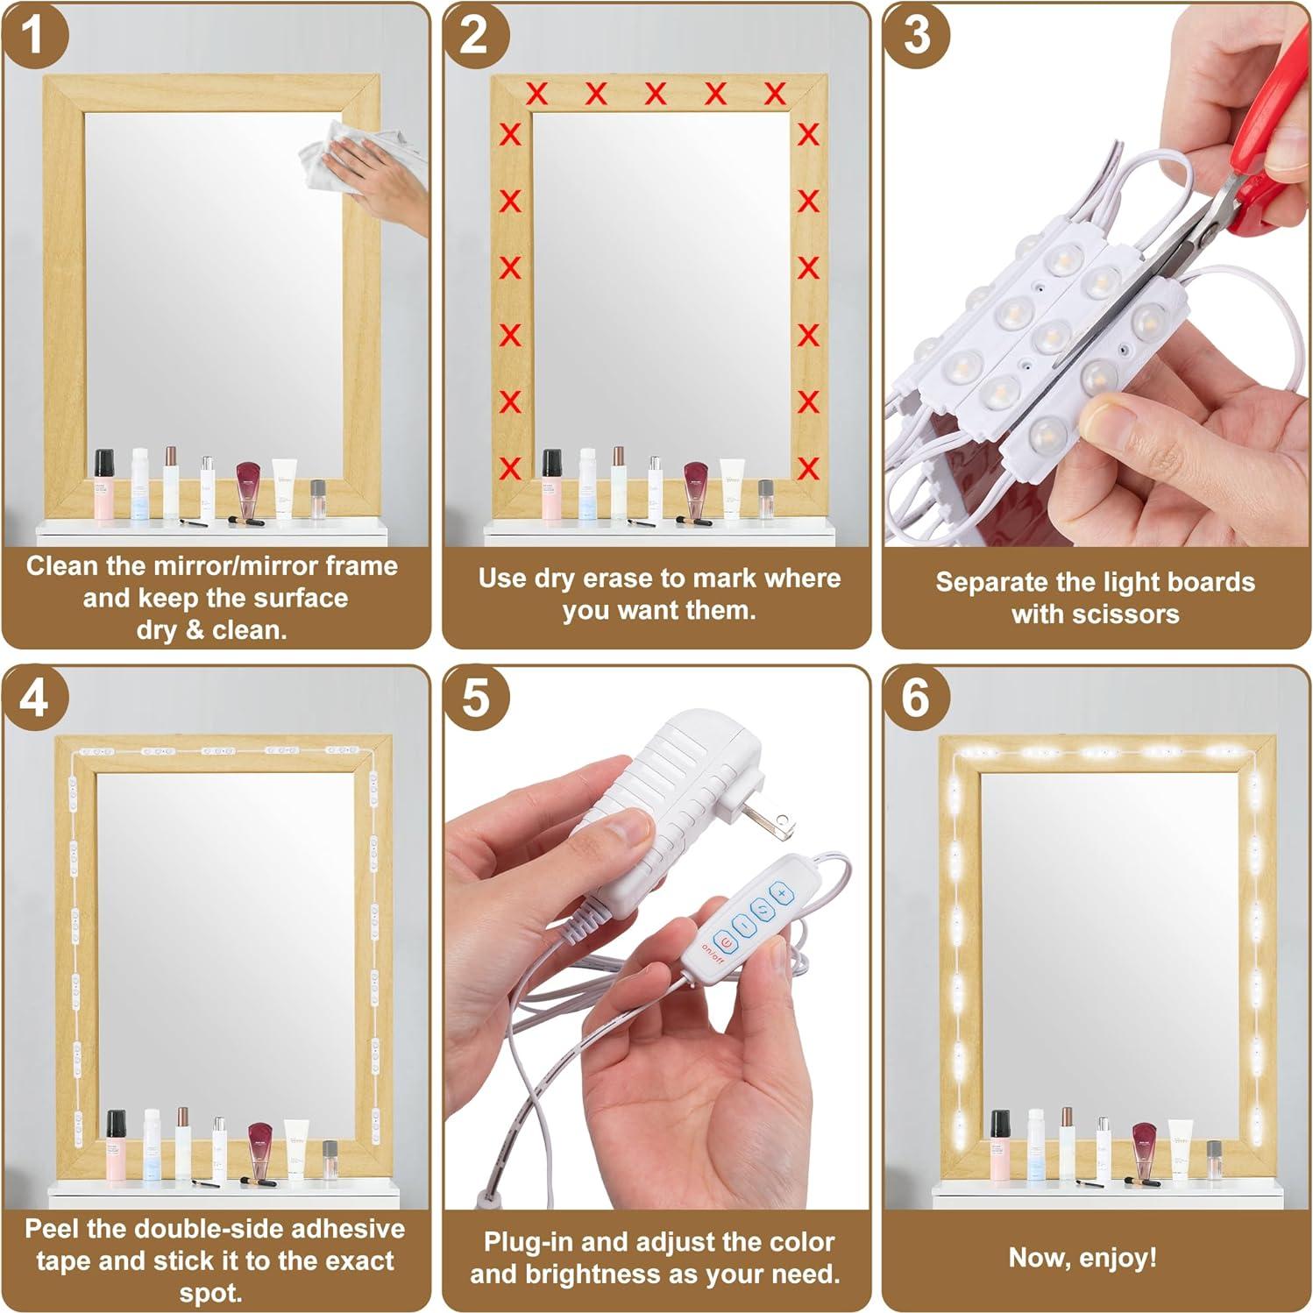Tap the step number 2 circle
point(474,35)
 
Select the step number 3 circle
point(916,35)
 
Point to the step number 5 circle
point(474,699)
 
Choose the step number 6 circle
point(916,699)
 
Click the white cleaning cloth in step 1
point(337,157)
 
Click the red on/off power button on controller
point(725,942)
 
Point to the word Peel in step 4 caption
point(52,1229)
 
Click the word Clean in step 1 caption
point(60,566)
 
